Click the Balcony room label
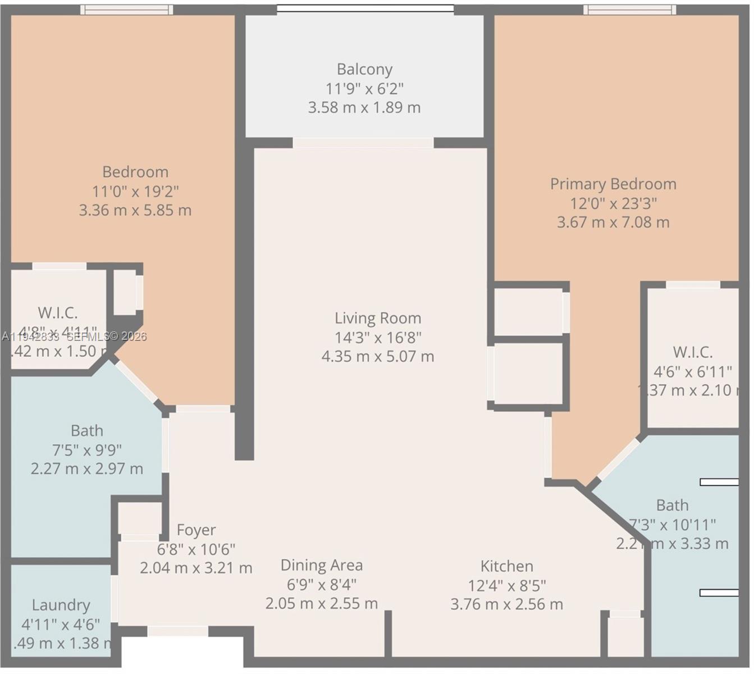(364, 69)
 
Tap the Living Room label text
(377, 318)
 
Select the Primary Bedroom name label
(613, 184)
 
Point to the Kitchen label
(506, 566)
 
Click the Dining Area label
(321, 565)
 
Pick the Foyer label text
(196, 530)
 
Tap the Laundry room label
(61, 605)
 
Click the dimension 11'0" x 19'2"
(135, 191)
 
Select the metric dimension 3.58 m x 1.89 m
(364, 107)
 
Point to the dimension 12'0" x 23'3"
(613, 203)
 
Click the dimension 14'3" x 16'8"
(377, 337)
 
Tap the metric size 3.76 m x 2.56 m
(506, 604)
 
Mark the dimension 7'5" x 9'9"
(87, 450)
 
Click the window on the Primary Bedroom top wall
(629, 10)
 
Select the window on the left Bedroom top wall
(126, 10)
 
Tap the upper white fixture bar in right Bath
(719, 482)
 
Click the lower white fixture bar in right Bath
(719, 593)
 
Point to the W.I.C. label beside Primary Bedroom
(692, 352)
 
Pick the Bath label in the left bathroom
(87, 431)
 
